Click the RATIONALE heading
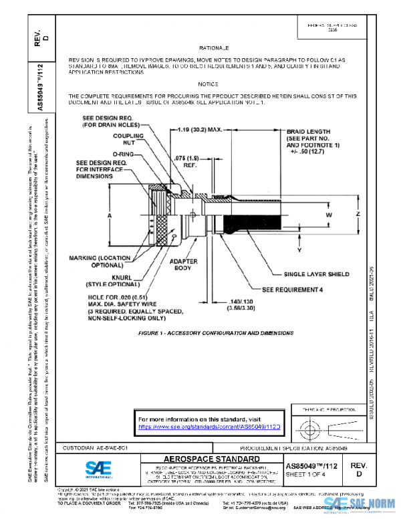(214, 48)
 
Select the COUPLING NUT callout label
(128, 139)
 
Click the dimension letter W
(329, 215)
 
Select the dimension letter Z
(358, 214)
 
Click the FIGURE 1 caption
(215, 332)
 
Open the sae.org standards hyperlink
(208, 425)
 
